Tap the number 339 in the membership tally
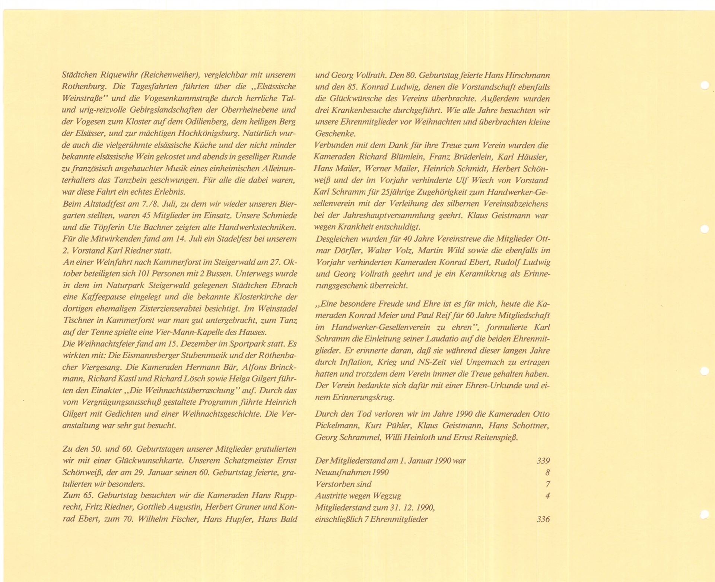coord(543,461)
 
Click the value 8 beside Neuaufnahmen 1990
coord(547,473)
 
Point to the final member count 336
coord(543,519)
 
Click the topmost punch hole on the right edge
coord(704,86)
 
